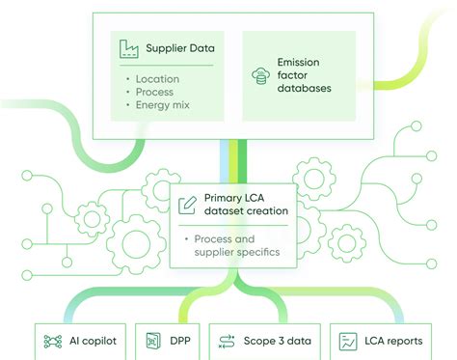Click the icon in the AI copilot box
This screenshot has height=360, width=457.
coord(52,341)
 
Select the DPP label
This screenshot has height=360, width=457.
coord(180,341)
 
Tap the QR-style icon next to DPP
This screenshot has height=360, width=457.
coord(152,341)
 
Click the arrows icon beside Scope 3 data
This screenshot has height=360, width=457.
coord(228,341)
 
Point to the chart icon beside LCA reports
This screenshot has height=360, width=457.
coord(346,341)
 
